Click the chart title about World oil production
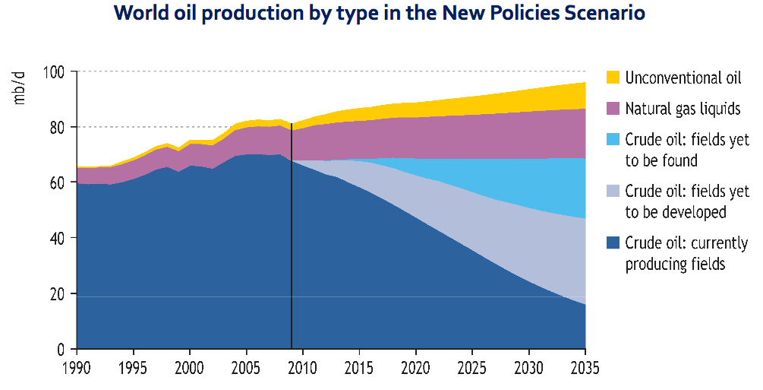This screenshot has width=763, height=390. click(x=379, y=14)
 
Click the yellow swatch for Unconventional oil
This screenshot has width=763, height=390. click(x=613, y=78)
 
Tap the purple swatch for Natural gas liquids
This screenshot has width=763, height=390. click(x=613, y=109)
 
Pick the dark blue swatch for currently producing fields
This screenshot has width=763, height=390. click(x=613, y=243)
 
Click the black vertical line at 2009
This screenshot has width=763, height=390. click(x=292, y=228)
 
